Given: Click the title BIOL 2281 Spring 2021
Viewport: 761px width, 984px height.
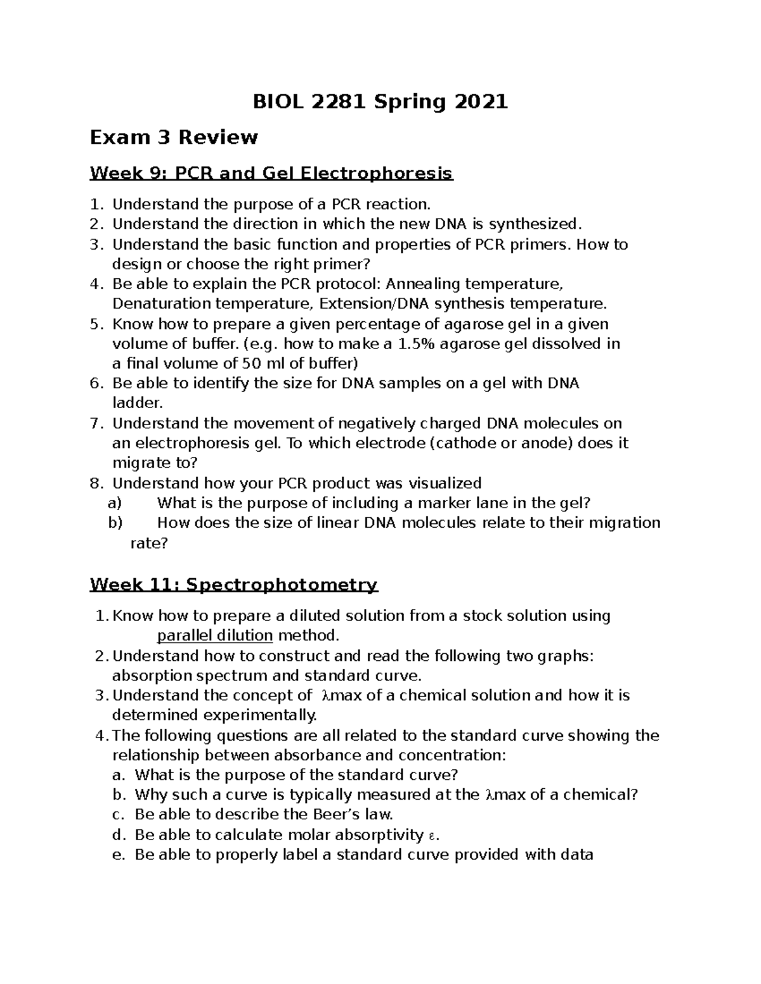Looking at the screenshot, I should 380,101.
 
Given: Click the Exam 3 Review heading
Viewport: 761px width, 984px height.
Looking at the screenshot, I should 174,137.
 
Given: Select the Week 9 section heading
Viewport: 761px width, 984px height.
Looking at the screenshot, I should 271,173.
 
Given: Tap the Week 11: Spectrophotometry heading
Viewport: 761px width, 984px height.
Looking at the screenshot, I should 233,584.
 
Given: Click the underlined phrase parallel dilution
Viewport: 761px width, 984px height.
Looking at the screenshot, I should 215,636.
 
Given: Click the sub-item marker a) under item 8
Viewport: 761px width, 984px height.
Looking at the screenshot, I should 114,503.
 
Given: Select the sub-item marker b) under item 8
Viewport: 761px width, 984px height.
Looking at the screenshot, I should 114,523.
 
